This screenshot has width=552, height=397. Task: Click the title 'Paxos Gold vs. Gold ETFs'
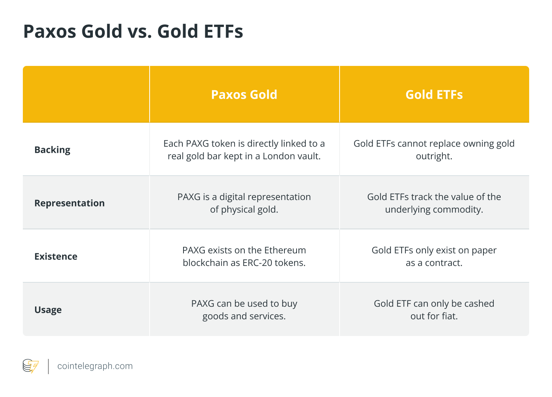coord(133,31)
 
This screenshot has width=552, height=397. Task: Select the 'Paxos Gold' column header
coord(244,94)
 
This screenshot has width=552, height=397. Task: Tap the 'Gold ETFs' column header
coord(434,94)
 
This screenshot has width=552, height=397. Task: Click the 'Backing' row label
coord(52,150)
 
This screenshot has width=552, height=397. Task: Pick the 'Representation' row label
coord(69,203)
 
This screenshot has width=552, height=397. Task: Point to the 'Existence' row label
coord(56,256)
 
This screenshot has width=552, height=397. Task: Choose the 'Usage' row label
coord(48,310)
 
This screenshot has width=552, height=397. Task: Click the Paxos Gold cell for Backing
coord(244,150)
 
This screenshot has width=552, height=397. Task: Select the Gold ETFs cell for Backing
coord(434,150)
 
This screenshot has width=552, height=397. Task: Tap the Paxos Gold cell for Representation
coord(244,203)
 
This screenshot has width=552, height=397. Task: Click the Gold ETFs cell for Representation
coord(434,203)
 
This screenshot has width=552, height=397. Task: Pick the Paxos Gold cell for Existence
coord(244,256)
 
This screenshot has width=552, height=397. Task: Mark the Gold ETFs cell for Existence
coord(434,256)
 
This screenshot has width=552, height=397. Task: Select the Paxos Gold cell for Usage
coord(244,310)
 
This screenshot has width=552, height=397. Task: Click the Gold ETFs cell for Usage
coord(434,310)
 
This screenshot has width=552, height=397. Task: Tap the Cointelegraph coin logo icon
coord(30,366)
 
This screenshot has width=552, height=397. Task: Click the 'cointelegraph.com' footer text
coord(95,366)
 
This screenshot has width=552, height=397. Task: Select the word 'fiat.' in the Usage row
coord(450,316)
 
